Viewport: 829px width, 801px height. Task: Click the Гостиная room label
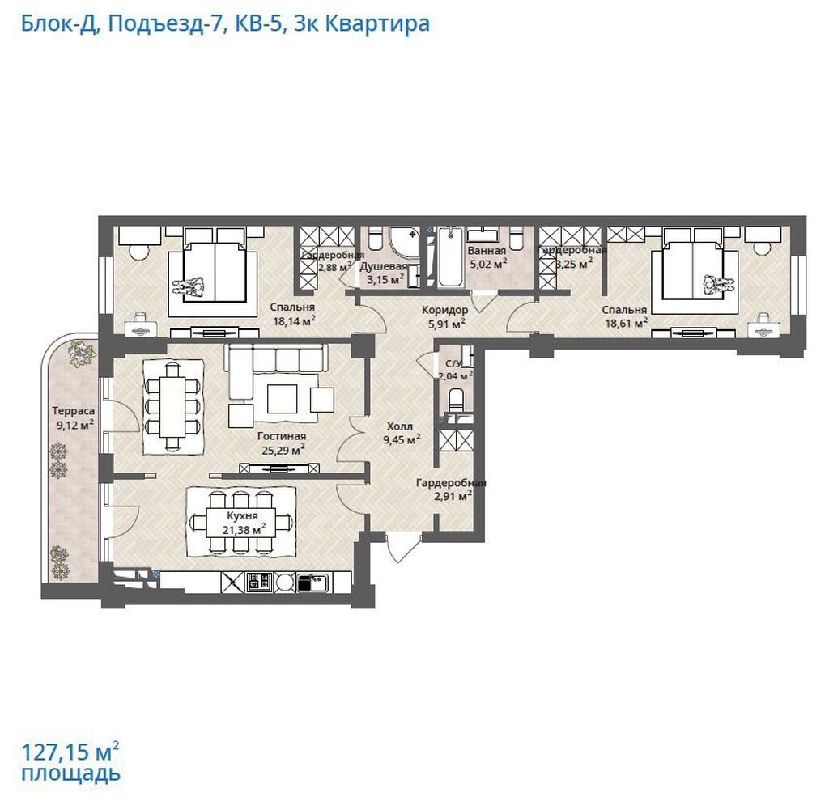[281, 436]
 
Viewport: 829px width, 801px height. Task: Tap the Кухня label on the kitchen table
[242, 515]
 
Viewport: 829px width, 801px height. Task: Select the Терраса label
[74, 410]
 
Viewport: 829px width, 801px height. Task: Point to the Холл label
[400, 426]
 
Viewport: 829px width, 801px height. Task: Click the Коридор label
[444, 310]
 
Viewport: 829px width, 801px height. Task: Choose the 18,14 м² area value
[294, 320]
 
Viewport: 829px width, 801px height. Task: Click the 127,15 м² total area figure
[70, 751]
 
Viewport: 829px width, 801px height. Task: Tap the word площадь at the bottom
[71, 773]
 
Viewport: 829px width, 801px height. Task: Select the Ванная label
[487, 251]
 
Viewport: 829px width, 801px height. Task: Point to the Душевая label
[383, 266]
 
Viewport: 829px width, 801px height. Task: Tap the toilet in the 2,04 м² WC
[456, 399]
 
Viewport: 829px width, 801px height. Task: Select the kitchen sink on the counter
[312, 583]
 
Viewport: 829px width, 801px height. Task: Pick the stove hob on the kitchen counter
[259, 583]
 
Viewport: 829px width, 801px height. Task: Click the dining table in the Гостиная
[172, 405]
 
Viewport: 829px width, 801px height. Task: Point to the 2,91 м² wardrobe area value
[453, 496]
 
